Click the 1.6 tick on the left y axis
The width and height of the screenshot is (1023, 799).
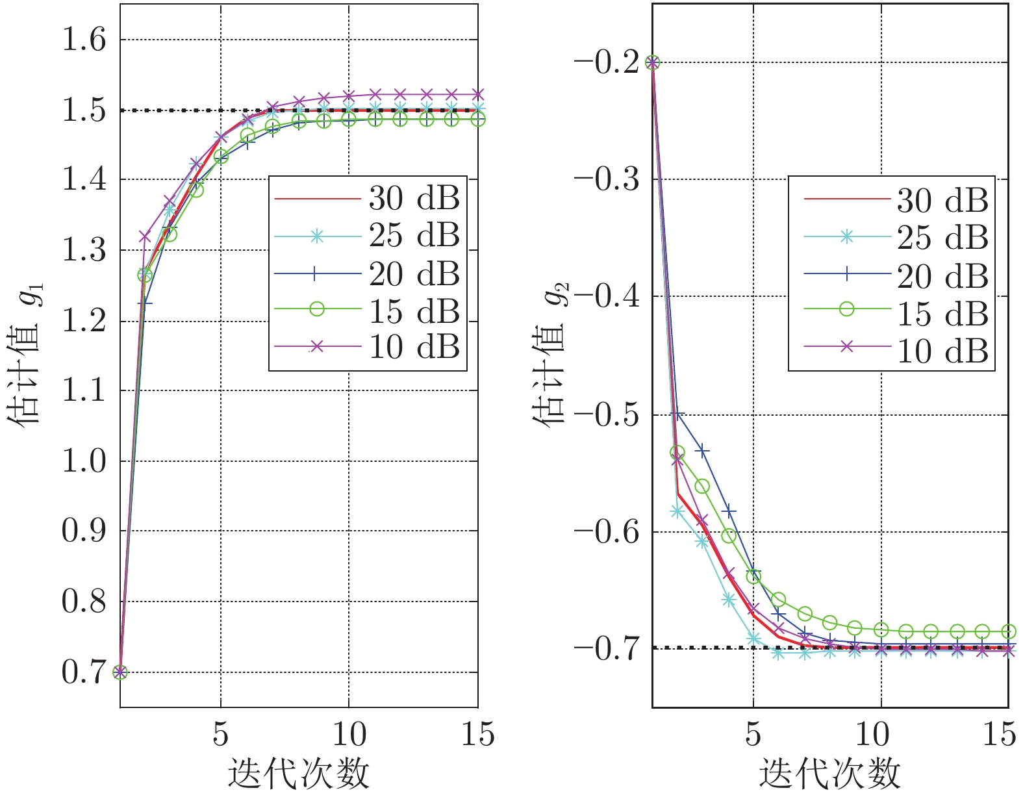pyautogui.click(x=82, y=40)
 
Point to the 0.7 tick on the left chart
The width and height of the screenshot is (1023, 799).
pyautogui.click(x=82, y=672)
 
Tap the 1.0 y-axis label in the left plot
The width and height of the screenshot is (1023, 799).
pyautogui.click(x=82, y=461)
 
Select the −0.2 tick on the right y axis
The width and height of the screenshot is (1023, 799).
pyautogui.click(x=606, y=63)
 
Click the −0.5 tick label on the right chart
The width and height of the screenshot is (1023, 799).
pyautogui.click(x=606, y=415)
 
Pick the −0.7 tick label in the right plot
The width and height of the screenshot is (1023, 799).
pyautogui.click(x=606, y=648)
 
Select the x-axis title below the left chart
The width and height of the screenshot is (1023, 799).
pyautogui.click(x=299, y=774)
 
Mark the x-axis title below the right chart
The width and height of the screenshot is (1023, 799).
pyautogui.click(x=829, y=774)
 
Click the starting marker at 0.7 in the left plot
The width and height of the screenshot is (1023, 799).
pyautogui.click(x=120, y=672)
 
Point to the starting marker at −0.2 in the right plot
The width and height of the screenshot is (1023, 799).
pyautogui.click(x=652, y=63)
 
